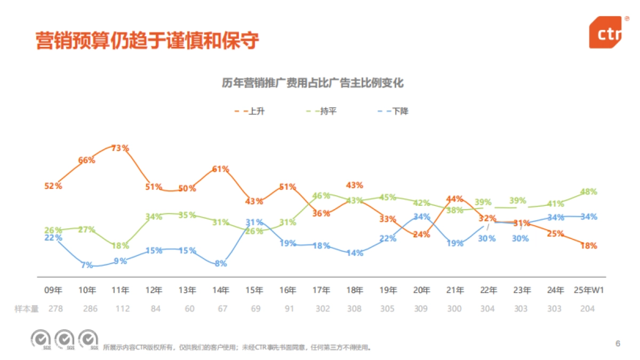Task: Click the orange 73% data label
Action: pos(120,148)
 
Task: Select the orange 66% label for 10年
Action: pos(86,160)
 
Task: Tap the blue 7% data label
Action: pos(86,265)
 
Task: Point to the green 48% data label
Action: pos(588,191)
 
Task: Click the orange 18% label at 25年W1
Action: pos(588,246)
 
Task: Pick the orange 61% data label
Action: pos(221,169)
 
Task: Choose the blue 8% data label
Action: pos(221,262)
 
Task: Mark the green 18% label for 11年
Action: pos(120,245)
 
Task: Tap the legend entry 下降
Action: pos(400,111)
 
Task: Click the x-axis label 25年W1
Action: pos(588,291)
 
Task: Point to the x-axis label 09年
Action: pos(53,291)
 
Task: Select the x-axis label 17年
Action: pos(321,291)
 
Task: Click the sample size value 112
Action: pos(120,309)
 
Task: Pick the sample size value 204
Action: pos(588,309)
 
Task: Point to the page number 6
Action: pos(618,343)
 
